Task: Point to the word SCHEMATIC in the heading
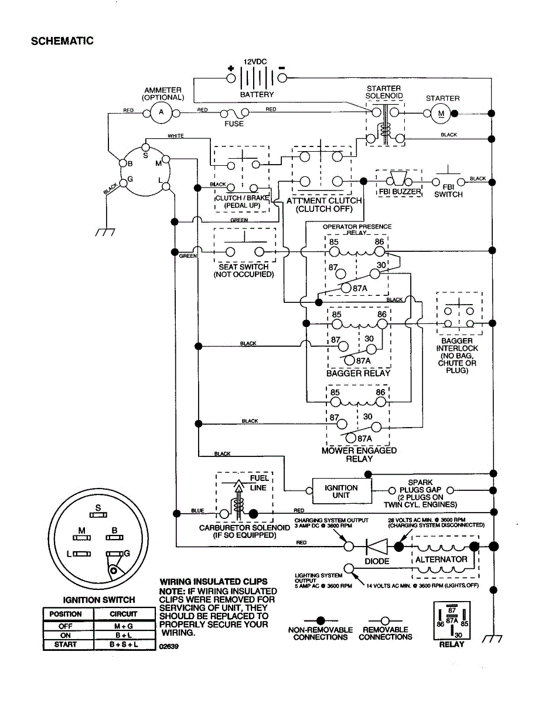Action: (62, 41)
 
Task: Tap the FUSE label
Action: (234, 124)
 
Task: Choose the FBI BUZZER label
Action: (398, 192)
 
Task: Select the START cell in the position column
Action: (65, 644)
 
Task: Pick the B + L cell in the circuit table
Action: (123, 635)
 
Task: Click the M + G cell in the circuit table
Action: (123, 625)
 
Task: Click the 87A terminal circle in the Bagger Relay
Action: (350, 360)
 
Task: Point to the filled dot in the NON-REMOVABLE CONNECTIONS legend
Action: (320, 620)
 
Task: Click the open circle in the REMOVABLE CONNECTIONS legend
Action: (385, 620)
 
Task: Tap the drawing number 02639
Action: (169, 647)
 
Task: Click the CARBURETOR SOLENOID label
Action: (244, 527)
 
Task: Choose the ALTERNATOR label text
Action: (441, 559)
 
